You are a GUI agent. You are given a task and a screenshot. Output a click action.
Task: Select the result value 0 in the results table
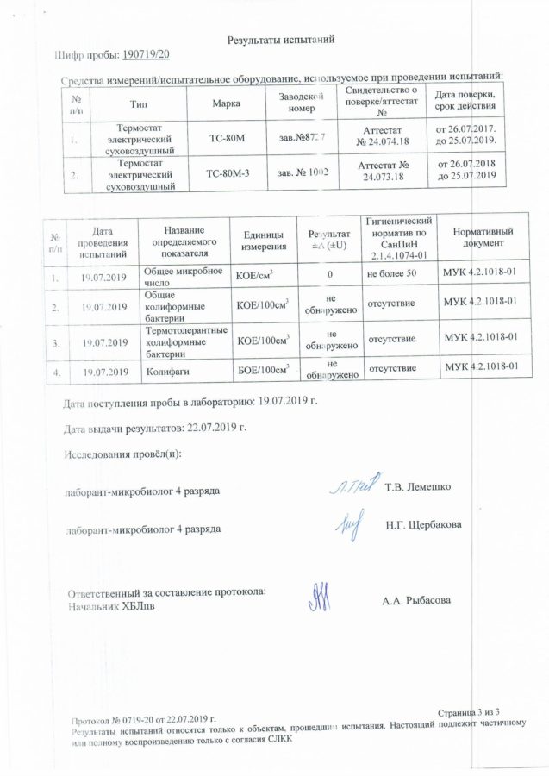point(329,276)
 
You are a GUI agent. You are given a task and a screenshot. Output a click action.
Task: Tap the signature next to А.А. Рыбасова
point(318,597)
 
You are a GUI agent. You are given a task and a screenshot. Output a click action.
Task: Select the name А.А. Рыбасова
point(416,599)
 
